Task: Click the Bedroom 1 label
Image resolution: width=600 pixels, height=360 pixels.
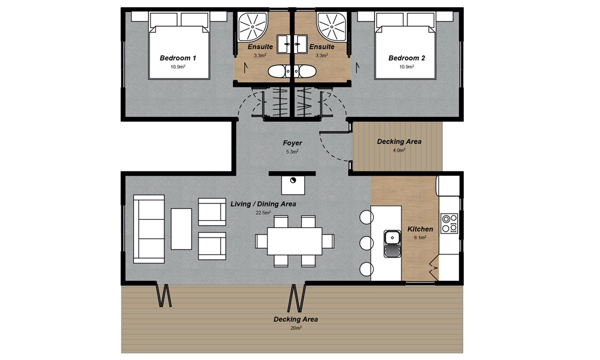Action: click(x=178, y=58)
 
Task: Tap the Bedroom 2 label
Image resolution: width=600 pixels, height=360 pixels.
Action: click(x=407, y=58)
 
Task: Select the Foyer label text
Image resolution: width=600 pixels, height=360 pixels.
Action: click(x=292, y=143)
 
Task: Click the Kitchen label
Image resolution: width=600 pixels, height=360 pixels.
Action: click(x=420, y=229)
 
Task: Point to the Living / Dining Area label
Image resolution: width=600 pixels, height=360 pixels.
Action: click(x=263, y=204)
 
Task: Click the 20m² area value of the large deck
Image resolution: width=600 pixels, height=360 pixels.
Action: click(x=296, y=328)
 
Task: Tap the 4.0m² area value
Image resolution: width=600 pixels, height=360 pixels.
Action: click(x=399, y=151)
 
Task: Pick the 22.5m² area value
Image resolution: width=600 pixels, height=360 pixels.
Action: click(x=263, y=213)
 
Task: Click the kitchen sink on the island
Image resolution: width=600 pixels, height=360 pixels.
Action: click(x=392, y=244)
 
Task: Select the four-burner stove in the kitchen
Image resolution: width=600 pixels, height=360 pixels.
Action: click(x=449, y=223)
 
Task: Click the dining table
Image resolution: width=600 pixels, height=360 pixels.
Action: click(x=295, y=241)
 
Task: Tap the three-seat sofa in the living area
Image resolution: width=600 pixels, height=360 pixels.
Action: click(x=149, y=229)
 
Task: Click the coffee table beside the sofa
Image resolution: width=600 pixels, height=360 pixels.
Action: click(x=181, y=229)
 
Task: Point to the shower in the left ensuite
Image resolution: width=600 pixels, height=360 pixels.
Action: click(x=253, y=26)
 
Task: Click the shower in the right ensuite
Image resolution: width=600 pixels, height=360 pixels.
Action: click(x=332, y=26)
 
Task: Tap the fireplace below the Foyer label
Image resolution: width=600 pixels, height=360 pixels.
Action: click(x=293, y=185)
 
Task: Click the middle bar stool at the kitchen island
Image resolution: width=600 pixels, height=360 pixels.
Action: click(x=366, y=244)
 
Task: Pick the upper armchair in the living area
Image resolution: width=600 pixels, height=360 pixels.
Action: click(x=212, y=212)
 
